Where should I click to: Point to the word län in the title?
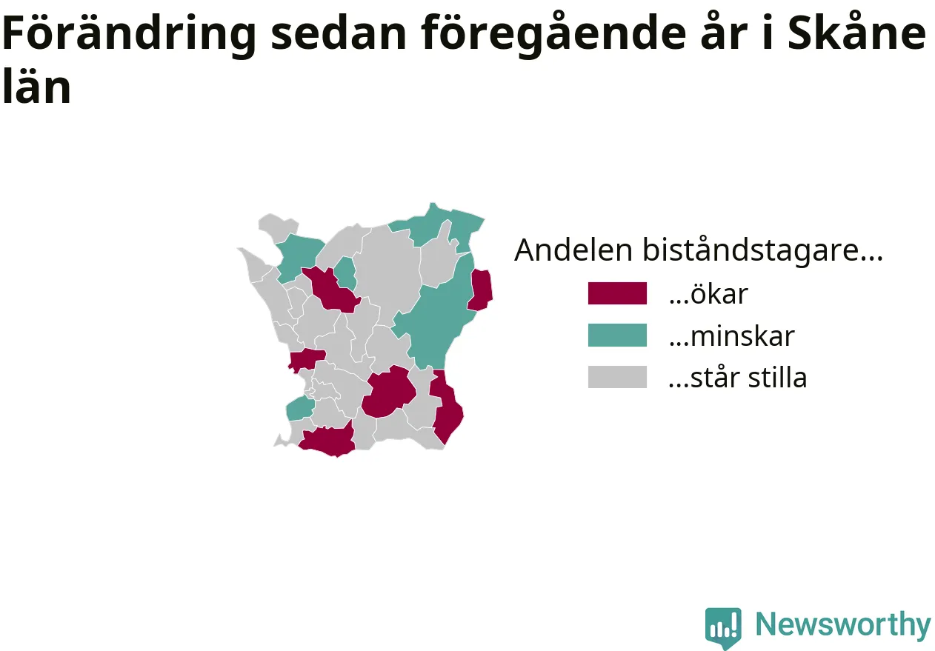click(x=37, y=86)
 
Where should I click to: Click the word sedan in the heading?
click(x=338, y=33)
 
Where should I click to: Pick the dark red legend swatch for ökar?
click(x=617, y=293)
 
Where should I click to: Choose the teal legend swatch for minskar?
click(x=617, y=335)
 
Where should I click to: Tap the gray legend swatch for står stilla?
click(x=617, y=377)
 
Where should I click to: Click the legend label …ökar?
click(x=708, y=294)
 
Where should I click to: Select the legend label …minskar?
click(x=732, y=336)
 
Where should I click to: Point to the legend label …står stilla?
click(x=738, y=378)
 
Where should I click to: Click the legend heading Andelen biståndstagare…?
click(x=699, y=250)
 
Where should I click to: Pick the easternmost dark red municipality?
click(x=480, y=290)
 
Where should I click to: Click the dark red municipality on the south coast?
click(x=327, y=441)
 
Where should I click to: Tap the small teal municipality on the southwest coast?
click(x=300, y=409)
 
